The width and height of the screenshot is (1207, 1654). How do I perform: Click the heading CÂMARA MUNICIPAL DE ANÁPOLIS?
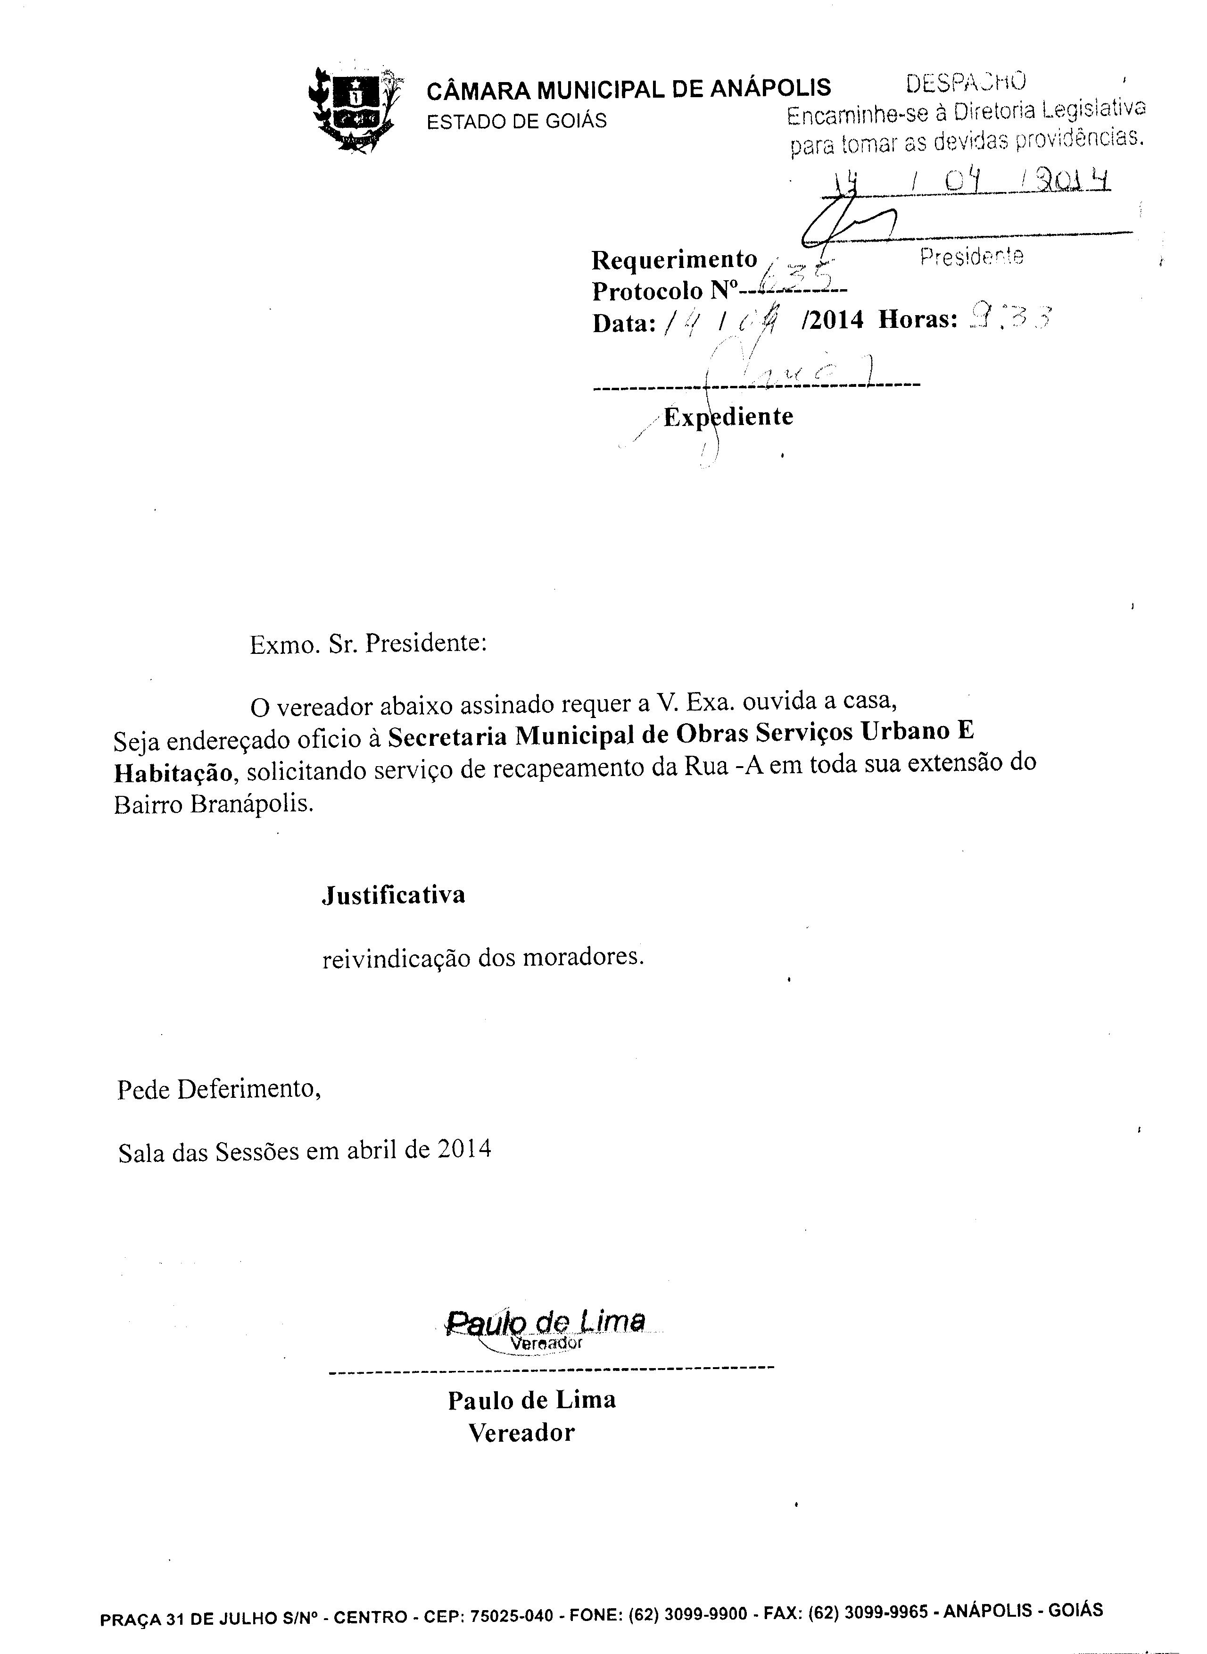coord(628,88)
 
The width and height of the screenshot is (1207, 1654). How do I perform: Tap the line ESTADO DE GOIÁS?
coord(517,121)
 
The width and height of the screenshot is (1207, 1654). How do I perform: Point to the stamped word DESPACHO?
coord(966,83)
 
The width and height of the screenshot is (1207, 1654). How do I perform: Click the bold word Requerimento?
coord(674,259)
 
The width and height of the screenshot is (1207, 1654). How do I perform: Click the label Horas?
coord(917,319)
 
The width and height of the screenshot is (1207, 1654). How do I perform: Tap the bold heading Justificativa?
coord(394,895)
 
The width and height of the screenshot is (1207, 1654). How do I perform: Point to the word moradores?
coord(592,957)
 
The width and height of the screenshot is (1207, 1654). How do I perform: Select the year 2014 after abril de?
coord(465,1150)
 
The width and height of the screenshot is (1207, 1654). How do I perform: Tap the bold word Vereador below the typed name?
coord(521,1433)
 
